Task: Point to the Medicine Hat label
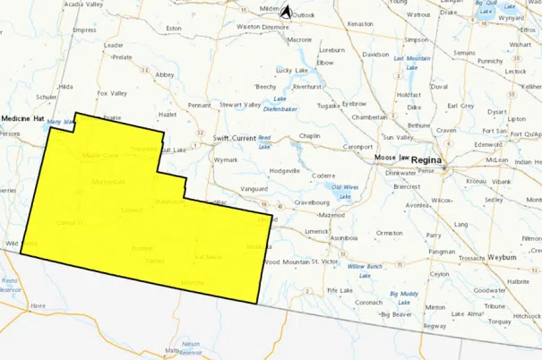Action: coord(22,118)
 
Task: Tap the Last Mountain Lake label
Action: coord(408,63)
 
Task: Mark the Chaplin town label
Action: coord(309,136)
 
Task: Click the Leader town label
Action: coord(113,45)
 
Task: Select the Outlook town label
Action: coord(304,15)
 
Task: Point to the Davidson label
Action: coord(375,54)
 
